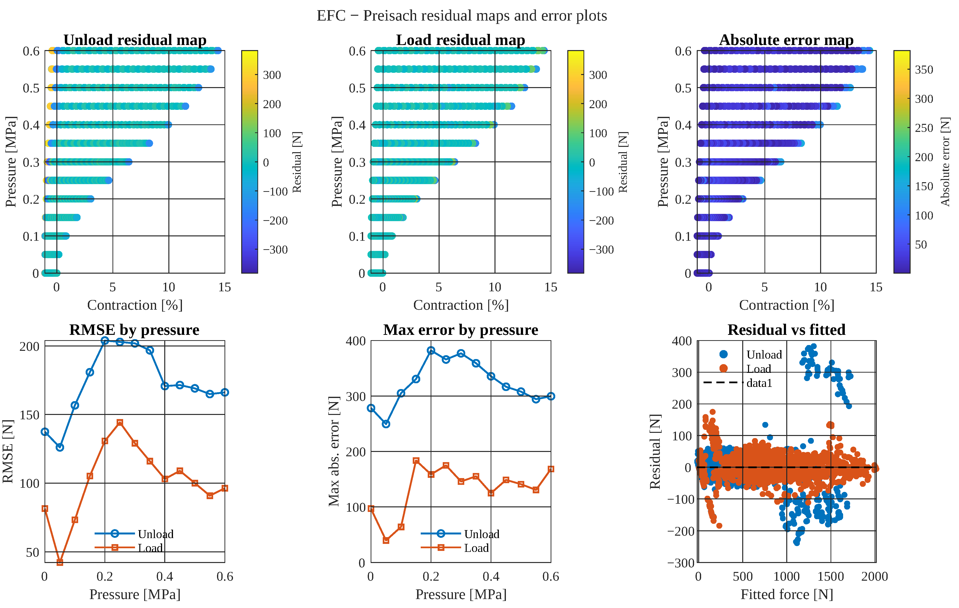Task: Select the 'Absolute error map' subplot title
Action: [x=786, y=40]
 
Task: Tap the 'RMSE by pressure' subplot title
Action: [x=134, y=330]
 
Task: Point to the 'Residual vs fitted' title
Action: [x=786, y=330]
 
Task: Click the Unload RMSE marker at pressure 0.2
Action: [x=105, y=340]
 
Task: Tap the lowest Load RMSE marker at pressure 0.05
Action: [x=60, y=562]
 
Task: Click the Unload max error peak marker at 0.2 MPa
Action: [x=431, y=350]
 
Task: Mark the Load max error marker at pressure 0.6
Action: [x=551, y=469]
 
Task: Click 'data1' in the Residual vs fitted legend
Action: [x=759, y=383]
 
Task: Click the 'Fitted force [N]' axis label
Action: [x=787, y=594]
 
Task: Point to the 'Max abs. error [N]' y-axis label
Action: [x=334, y=451]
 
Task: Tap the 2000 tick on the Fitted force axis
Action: [x=875, y=577]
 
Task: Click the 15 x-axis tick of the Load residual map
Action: [x=551, y=287]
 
